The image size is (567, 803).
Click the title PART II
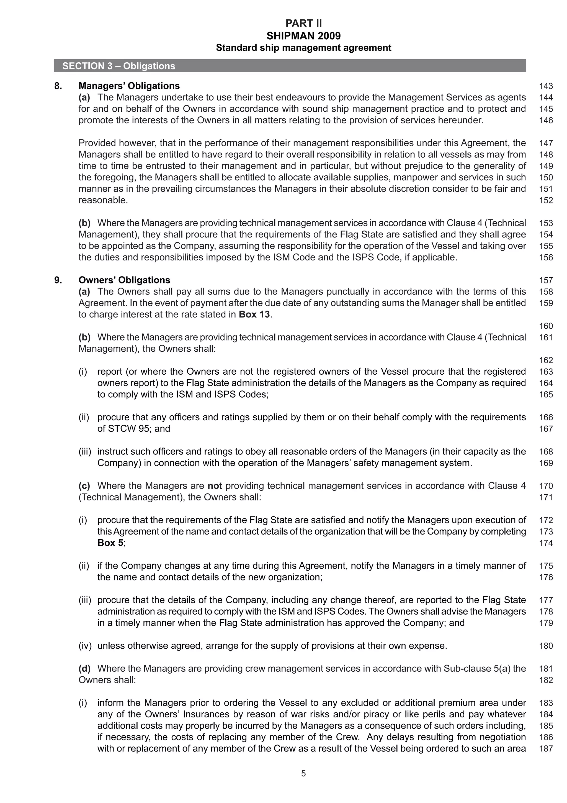tap(303, 24)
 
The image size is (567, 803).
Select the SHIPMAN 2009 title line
tap(303, 36)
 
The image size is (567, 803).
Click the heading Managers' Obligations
tap(129, 86)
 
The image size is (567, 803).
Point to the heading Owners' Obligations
tap(124, 280)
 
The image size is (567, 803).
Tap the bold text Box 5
tap(110, 543)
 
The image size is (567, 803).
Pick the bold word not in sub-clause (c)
tap(215, 486)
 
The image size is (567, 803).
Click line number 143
tap(546, 86)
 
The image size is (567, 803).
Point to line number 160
tap(546, 326)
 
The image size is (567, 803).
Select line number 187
tap(546, 749)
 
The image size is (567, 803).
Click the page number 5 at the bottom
tap(303, 774)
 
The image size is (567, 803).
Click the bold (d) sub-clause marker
tap(84, 669)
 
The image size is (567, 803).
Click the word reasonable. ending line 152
tap(103, 200)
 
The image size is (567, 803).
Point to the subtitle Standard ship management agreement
tap(303, 48)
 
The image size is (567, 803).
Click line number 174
tap(546, 543)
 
